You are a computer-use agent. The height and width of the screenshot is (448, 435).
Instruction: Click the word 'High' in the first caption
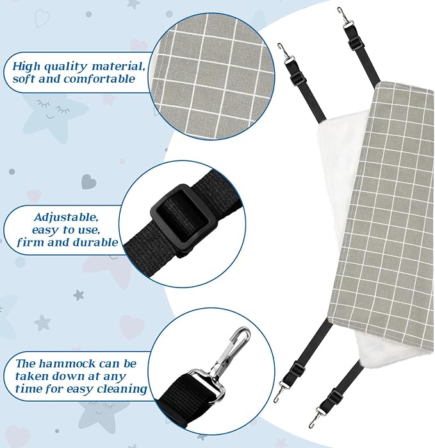pos(26,66)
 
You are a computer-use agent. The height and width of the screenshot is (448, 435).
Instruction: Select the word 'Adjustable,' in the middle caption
pos(66,218)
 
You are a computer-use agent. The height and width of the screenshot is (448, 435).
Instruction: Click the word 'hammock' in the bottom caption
pos(67,364)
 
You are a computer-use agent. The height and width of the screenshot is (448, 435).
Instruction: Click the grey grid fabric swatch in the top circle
pos(211,76)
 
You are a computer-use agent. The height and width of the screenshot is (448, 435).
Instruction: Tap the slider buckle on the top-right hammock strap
pos(357,43)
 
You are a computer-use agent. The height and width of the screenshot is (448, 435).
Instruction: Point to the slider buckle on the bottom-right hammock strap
pos(334,395)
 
